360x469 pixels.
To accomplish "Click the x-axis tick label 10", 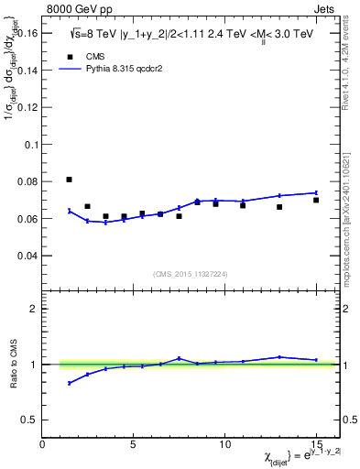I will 224,444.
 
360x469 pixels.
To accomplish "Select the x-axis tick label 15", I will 315,444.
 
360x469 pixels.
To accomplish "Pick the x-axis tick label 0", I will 43,444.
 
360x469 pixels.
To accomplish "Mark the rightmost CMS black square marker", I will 316,200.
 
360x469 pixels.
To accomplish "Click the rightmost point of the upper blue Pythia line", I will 316,192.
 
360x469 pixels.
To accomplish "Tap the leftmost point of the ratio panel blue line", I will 70,383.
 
